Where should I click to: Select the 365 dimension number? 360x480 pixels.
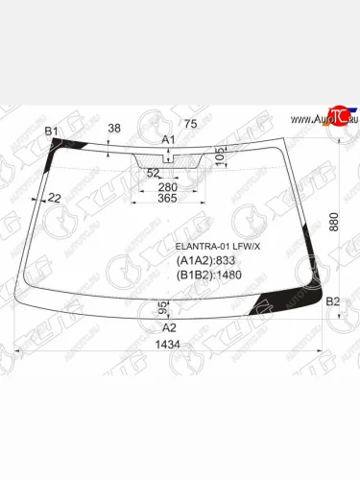167,199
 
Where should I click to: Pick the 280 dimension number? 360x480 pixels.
168,186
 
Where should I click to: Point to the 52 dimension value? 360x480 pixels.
153,173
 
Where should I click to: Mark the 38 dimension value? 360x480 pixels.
114,128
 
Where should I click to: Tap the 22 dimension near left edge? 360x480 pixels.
54,198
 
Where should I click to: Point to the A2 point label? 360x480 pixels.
168,327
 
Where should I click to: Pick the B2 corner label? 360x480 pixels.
333,302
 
